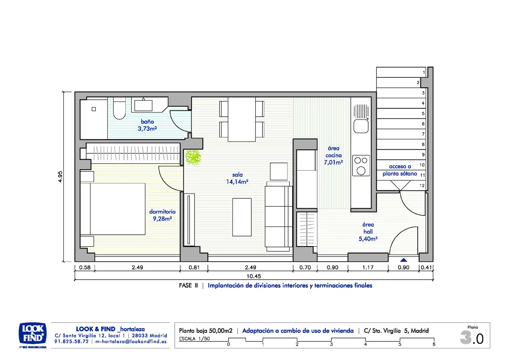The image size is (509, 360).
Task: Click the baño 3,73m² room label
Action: pyautogui.click(x=147, y=125)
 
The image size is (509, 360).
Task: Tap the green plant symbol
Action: pyautogui.click(x=193, y=157)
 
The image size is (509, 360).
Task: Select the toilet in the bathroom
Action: pyautogui.click(x=119, y=108)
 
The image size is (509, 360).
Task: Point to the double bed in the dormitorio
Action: pyautogui.click(x=113, y=209)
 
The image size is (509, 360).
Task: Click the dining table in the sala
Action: pyautogui.click(x=242, y=119)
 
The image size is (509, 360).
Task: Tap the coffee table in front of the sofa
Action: pyautogui.click(x=242, y=217)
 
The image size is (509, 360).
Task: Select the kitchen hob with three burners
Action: pyautogui.click(x=361, y=166)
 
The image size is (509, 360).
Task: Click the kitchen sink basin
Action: pyautogui.click(x=361, y=126)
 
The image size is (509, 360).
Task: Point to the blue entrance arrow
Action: pyautogui.click(x=403, y=260)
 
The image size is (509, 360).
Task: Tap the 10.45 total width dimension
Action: pyautogui.click(x=254, y=276)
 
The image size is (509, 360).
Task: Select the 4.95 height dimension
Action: pyautogui.click(x=60, y=176)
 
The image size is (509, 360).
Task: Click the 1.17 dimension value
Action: pyautogui.click(x=368, y=267)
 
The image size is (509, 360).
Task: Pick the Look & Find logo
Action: pyautogui.click(x=33, y=335)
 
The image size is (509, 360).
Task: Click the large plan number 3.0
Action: pyautogui.click(x=472, y=338)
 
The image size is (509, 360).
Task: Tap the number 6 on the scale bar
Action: pyautogui.click(x=434, y=344)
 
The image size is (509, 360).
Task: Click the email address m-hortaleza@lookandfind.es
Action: pyautogui.click(x=131, y=342)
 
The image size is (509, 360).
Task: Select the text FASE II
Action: pyautogui.click(x=188, y=286)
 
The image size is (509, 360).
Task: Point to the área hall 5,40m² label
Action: pyautogui.click(x=368, y=232)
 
